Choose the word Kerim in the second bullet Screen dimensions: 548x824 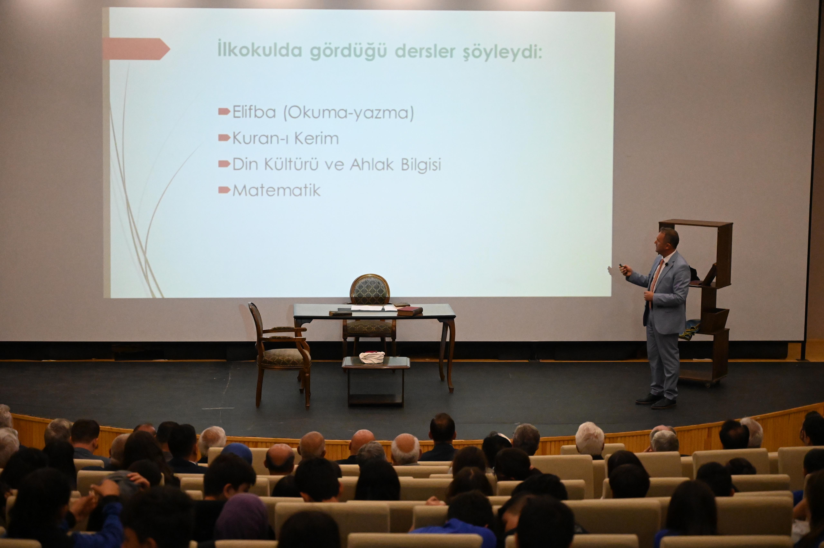(x=317, y=139)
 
